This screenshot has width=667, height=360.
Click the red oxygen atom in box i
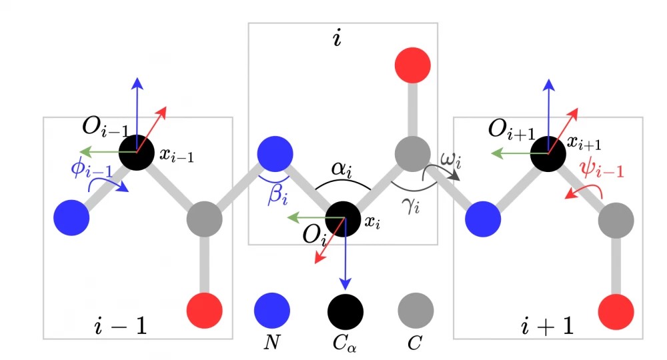point(413,66)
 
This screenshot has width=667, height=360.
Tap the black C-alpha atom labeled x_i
point(345,218)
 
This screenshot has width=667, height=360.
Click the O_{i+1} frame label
point(511,129)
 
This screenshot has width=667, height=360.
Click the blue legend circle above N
point(272,310)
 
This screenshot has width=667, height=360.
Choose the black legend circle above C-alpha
point(345,310)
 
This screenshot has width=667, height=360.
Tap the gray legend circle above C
point(416,310)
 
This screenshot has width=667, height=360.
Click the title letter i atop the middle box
point(337,39)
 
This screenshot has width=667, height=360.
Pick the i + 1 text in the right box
point(546,326)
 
